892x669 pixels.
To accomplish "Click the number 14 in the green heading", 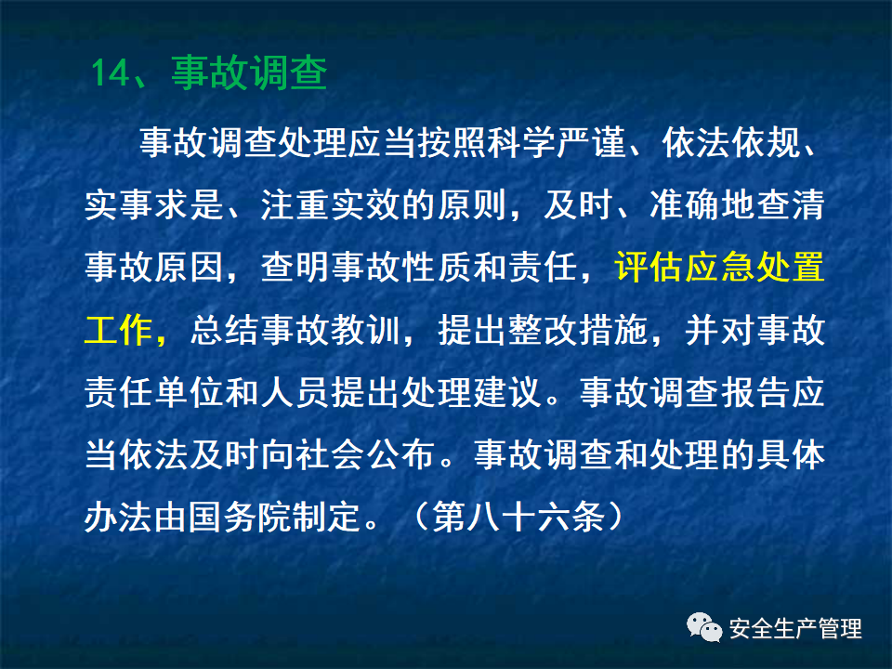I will (111, 73).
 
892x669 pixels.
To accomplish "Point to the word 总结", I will (224, 331).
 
